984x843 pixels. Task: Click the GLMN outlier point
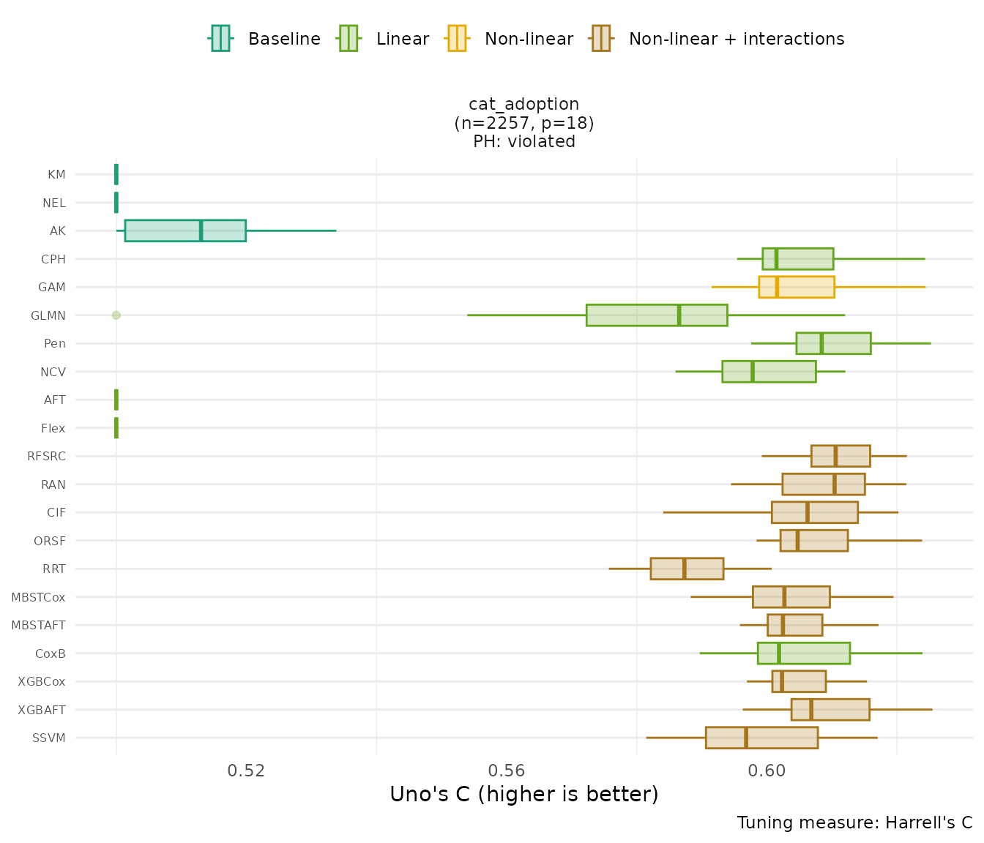(x=116, y=315)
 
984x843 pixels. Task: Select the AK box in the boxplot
(x=185, y=231)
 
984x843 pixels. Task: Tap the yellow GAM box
(x=797, y=287)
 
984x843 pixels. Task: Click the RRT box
(x=687, y=569)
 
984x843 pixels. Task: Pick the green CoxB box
(x=803, y=653)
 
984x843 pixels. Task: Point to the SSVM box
(x=761, y=738)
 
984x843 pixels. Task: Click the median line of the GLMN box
(x=679, y=315)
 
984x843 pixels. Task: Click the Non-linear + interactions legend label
(x=737, y=39)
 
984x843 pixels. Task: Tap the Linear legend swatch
(x=348, y=38)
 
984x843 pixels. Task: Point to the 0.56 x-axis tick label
(x=507, y=771)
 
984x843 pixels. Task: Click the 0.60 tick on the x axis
(x=767, y=771)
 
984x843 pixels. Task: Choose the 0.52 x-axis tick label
(x=246, y=771)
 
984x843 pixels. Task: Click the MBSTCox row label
(x=38, y=597)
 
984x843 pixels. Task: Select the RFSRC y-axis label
(x=46, y=456)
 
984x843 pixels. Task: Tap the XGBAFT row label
(x=42, y=710)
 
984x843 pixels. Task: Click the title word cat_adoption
(x=523, y=104)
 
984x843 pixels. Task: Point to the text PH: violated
(x=523, y=141)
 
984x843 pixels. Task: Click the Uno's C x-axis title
(x=523, y=794)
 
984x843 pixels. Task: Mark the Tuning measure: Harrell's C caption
(x=854, y=823)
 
